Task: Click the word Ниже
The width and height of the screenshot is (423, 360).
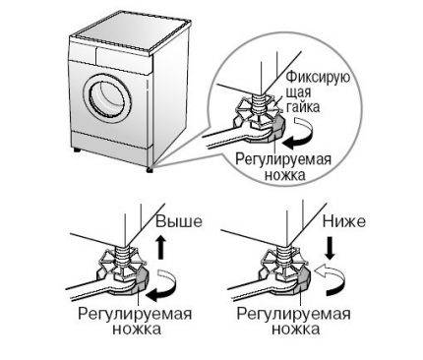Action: pos(347,223)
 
